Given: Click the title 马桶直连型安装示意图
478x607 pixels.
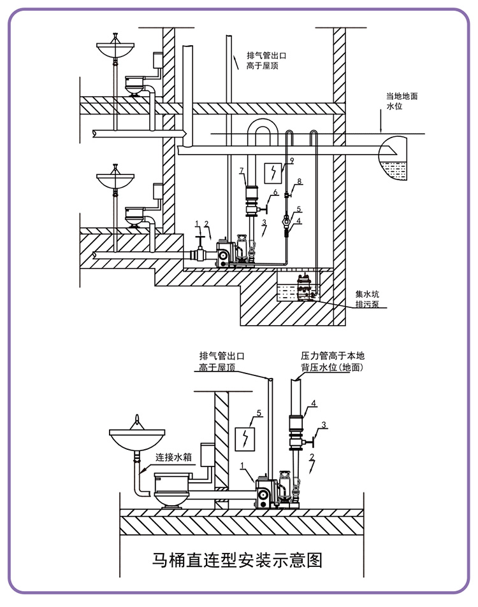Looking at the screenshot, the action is coord(237,560).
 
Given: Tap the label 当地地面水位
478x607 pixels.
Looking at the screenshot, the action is coord(402,101).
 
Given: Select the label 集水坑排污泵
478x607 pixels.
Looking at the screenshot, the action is coord(367,299).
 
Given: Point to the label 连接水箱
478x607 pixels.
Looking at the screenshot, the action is coord(174,457).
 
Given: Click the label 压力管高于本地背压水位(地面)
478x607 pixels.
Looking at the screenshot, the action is coord(333,361).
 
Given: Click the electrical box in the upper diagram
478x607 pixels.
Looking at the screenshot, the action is coord(273,172).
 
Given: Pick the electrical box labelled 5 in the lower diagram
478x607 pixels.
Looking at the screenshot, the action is coord(245,439).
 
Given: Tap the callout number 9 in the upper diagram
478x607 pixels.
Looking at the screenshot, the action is coord(292,160).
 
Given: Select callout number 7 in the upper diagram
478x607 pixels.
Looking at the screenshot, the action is coord(242,171).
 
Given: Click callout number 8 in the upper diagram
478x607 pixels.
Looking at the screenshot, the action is coord(300,181).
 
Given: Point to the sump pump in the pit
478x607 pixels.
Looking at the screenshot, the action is coord(307,287).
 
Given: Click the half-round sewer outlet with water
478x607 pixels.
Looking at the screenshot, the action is coord(393,158).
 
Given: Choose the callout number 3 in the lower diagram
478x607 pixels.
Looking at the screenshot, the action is coord(324,425).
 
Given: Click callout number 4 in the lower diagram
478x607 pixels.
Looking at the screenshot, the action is coord(314,403).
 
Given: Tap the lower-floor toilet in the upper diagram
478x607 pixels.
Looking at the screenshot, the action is coord(134,216).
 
